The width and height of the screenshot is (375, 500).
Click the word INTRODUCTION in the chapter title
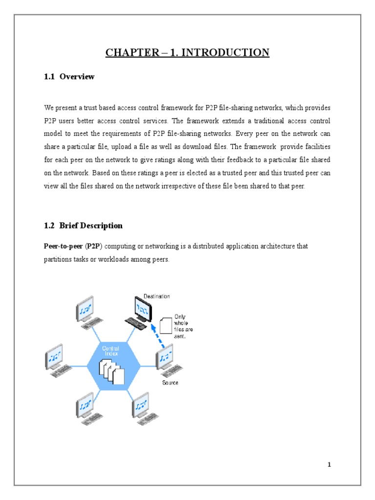[x=231, y=52]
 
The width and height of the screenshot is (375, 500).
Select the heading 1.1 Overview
[x=69, y=77]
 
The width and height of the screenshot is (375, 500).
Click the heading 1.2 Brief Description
[x=83, y=226]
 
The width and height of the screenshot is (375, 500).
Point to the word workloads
[x=109, y=260]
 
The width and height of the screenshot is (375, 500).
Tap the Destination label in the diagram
[x=156, y=296]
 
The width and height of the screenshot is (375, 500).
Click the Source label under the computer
[x=170, y=382]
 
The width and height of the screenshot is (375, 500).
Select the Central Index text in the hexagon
[x=110, y=351]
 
